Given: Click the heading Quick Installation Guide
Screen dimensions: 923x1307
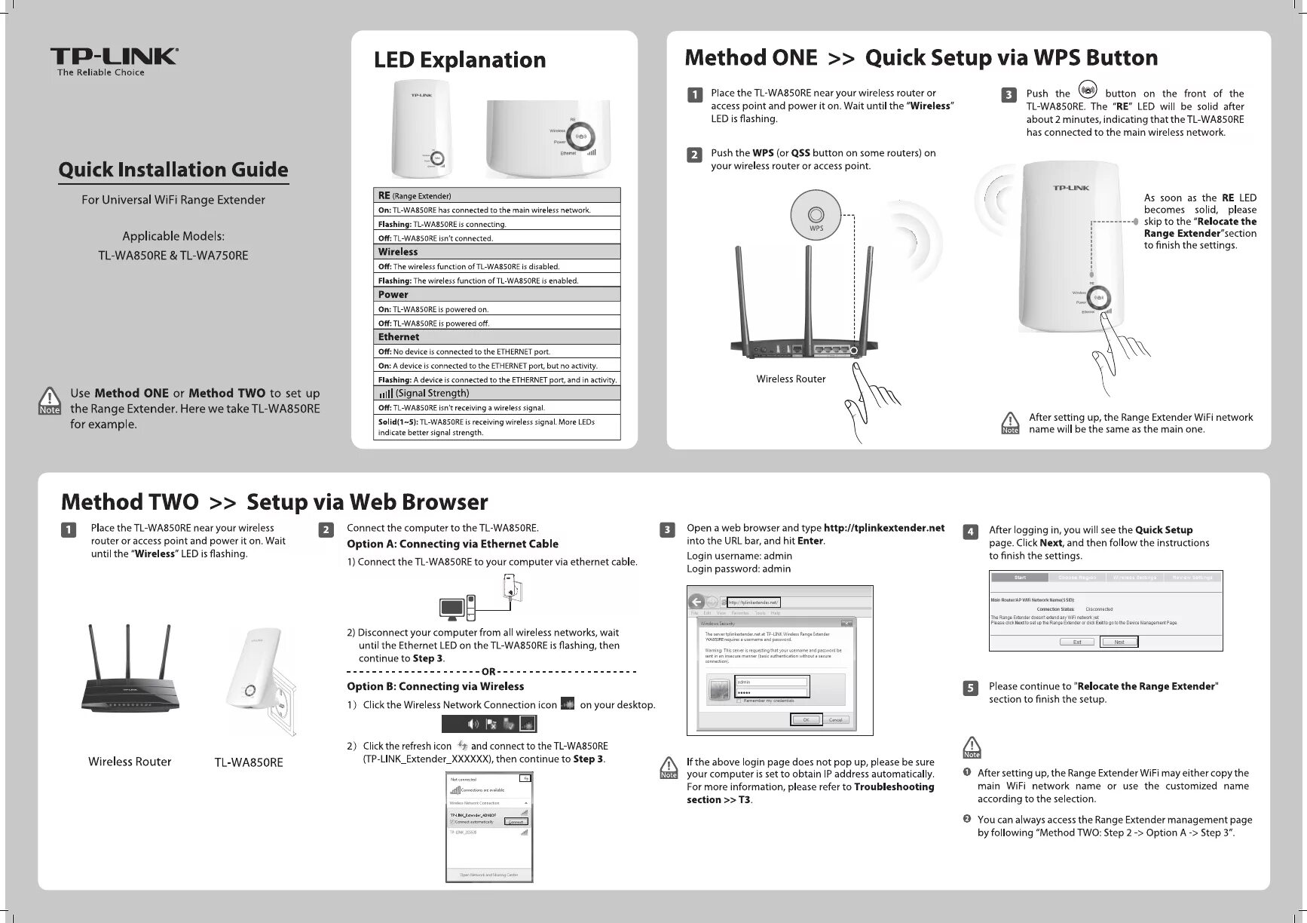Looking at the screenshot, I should coord(173,170).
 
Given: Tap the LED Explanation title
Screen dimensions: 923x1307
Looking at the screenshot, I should coord(460,60).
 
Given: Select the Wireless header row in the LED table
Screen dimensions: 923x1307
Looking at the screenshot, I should coord(497,252).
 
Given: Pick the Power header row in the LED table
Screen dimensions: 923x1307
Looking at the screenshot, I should coord(497,295).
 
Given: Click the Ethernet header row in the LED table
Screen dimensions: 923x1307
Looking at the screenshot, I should coord(497,337).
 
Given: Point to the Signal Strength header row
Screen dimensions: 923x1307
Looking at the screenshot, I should coord(497,393).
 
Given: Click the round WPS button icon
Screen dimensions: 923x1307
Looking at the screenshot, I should coord(816,215).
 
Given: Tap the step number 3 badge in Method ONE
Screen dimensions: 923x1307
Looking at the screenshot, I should coord(1009,95).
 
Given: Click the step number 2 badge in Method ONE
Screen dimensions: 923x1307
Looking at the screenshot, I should coord(694,155).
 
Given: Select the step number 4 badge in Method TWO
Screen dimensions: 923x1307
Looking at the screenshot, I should coord(971,532).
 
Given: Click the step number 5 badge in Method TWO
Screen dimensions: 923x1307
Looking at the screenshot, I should coord(971,688).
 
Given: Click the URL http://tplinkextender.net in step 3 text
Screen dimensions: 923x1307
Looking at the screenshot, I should coord(883,528).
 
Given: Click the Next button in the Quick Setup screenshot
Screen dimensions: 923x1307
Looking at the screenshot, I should coord(1119,642).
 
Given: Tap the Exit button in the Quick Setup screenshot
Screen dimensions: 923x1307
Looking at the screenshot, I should coord(1077,642).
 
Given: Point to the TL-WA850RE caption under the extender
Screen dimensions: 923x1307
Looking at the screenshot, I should coord(249,762).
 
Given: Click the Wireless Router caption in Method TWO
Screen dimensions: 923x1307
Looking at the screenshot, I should coord(130,762).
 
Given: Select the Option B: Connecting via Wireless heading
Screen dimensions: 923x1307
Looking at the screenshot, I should coord(435,686).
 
